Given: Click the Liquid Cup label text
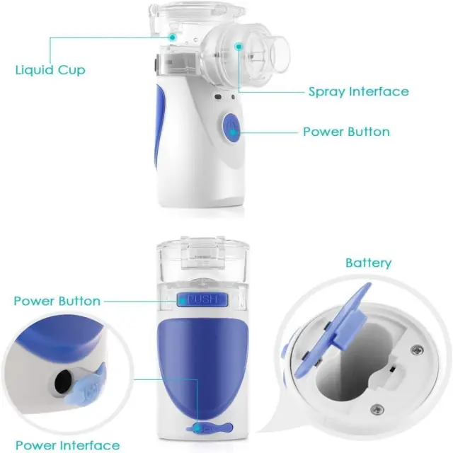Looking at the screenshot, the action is coord(50,70).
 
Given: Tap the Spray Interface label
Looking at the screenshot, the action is coord(359,91).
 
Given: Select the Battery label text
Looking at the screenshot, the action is coord(368,263).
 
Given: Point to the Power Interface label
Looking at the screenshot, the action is coord(68,445).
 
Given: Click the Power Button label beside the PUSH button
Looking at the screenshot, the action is coord(57,301).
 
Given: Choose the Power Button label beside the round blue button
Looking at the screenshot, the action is coord(346,132).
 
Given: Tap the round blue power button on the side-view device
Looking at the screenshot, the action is coord(231,127).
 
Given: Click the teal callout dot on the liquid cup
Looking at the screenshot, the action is coord(173,37).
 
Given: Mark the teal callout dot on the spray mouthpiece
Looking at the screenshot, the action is coord(239,47).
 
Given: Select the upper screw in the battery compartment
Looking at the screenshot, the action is coord(417,350).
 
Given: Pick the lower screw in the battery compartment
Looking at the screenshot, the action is coord(377,409).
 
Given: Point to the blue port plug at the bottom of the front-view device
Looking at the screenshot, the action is coord(210,428).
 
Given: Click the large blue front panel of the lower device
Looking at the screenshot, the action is coord(202,367).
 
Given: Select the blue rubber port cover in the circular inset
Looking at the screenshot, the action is coord(86,384).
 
